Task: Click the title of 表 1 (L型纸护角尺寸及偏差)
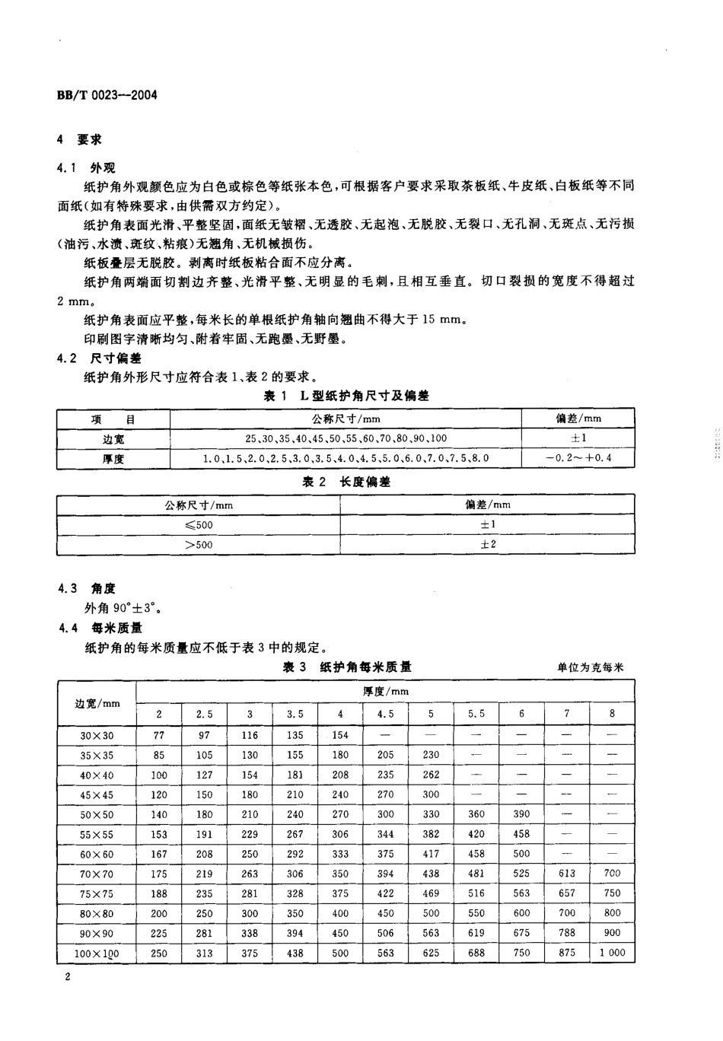(346, 396)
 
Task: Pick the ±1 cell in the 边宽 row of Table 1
(578, 438)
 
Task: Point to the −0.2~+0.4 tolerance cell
(578, 458)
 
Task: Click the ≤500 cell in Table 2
(199, 524)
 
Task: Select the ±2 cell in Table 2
(488, 544)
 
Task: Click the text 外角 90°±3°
(123, 608)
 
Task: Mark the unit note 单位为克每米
(590, 667)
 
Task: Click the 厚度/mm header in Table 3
(385, 691)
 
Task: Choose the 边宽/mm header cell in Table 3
(97, 702)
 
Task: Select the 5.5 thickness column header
(476, 714)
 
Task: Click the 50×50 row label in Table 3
(97, 814)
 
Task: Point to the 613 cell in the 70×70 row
(567, 874)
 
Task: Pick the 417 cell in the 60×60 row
(431, 854)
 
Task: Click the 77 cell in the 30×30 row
(159, 735)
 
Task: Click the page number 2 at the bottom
(68, 979)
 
